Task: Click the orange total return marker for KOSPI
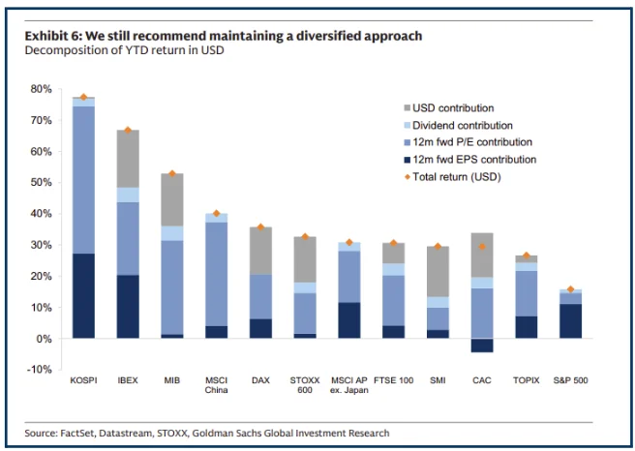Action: (x=83, y=98)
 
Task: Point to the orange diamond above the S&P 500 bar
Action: (x=570, y=289)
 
